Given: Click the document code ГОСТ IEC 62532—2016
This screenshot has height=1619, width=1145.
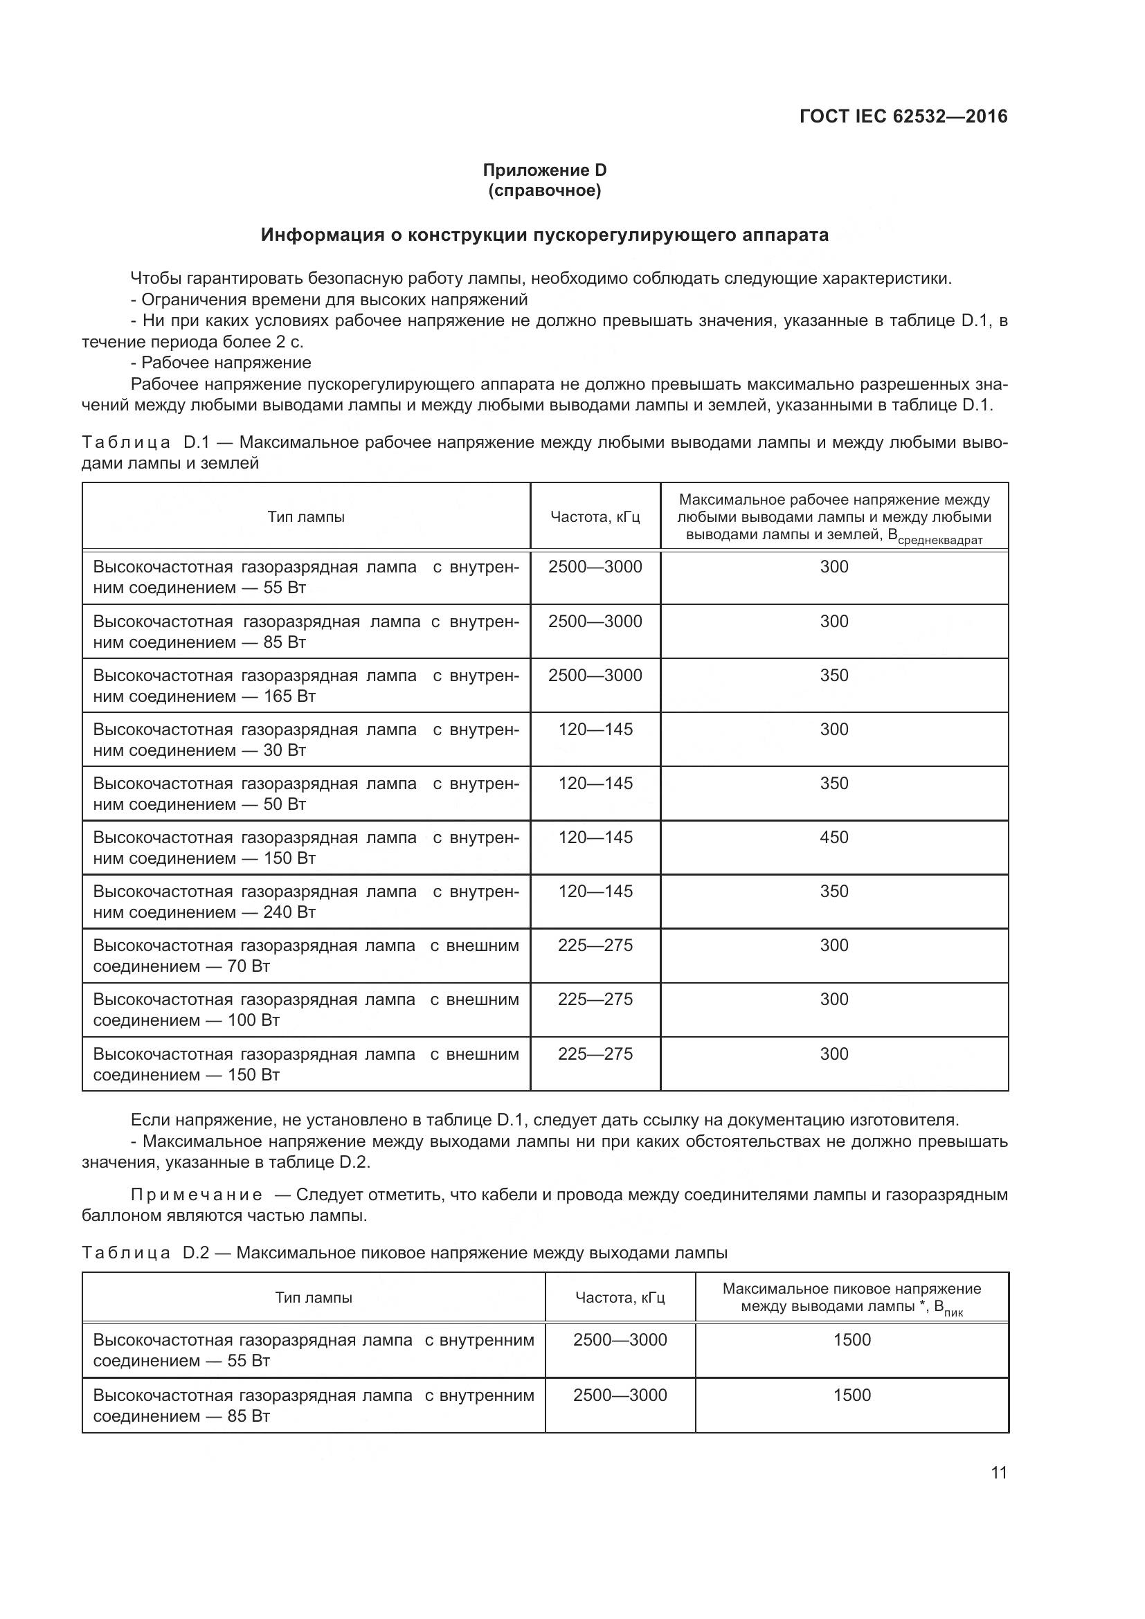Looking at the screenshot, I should point(903,116).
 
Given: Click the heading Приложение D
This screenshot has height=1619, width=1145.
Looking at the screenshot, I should point(544,170).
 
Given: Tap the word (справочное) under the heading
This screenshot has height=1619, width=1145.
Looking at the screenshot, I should point(544,191).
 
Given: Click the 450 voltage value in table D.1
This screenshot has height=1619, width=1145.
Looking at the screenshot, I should point(834,837).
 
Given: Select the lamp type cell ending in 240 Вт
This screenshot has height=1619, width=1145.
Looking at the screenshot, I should point(306,902).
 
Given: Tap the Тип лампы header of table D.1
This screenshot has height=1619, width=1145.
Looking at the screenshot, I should point(306,517).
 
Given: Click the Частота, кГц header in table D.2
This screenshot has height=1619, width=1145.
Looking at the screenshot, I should point(620,1298).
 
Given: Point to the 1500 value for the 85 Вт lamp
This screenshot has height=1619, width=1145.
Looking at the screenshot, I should point(851,1395).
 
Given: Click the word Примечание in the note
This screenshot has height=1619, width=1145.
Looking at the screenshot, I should point(197,1195).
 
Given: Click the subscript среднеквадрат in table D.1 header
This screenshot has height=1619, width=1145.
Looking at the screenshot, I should point(940,541).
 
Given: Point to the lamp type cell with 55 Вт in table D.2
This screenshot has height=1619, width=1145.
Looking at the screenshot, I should point(313,1350).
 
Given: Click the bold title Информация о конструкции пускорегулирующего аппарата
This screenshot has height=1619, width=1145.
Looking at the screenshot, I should point(544,235).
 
